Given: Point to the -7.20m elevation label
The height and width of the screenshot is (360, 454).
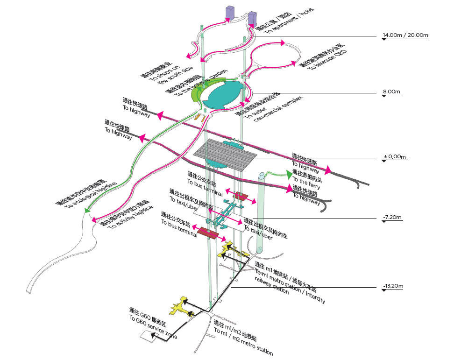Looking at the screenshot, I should click(392, 217).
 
